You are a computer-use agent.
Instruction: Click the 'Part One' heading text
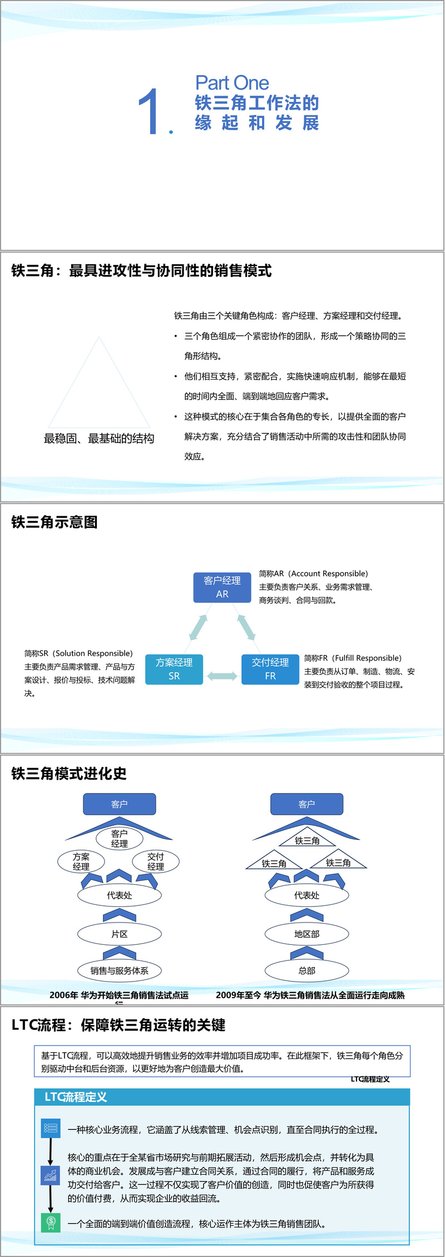tap(232, 83)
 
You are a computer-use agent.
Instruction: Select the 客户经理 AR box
tap(222, 587)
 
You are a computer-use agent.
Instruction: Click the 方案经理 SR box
tap(174, 669)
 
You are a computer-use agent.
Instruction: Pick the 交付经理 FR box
tap(270, 669)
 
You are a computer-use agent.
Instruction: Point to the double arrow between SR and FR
tap(222, 676)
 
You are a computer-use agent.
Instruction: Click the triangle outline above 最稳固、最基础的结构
tap(99, 384)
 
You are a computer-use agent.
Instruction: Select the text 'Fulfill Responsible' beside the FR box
tap(367, 658)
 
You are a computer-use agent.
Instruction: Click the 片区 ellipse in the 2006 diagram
tap(120, 934)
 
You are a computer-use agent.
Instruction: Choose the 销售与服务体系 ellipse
tap(120, 970)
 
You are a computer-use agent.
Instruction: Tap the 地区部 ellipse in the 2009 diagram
tap(306, 934)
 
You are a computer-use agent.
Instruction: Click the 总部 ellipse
tap(306, 970)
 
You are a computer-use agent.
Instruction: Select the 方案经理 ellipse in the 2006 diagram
tap(81, 861)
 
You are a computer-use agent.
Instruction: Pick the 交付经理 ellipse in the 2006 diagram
tap(156, 861)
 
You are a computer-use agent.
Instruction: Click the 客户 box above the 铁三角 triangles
tap(306, 804)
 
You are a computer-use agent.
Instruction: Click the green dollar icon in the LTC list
tap(51, 1223)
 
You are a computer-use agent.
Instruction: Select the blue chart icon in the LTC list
tap(51, 1175)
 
